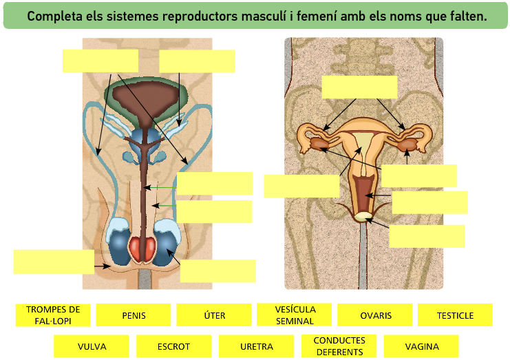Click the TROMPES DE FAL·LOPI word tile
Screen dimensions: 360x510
click(53, 315)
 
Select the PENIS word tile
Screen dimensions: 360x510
click(134, 315)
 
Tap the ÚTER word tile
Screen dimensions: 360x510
click(214, 315)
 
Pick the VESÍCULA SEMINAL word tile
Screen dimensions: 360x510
click(295, 315)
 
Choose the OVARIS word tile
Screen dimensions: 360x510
click(375, 315)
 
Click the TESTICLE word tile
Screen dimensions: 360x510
click(455, 315)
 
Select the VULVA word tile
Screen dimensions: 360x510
click(92, 346)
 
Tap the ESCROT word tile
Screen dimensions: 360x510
click(173, 346)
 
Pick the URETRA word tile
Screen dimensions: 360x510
click(257, 346)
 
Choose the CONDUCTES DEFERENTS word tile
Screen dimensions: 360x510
click(339, 346)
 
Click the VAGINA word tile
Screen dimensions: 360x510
click(421, 346)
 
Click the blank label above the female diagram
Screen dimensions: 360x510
click(359, 87)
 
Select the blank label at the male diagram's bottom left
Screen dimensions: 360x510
click(54, 262)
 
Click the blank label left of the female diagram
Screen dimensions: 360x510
click(301, 186)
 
